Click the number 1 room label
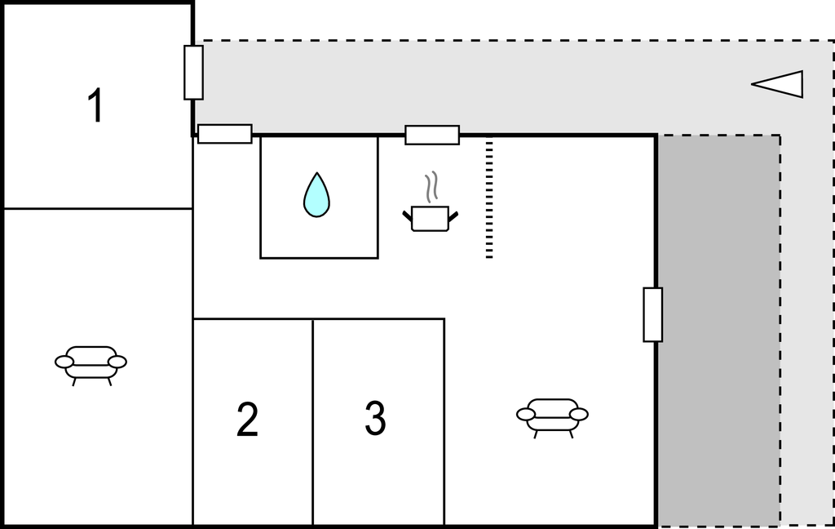tap(95, 106)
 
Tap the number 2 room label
tap(247, 420)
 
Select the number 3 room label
tap(375, 419)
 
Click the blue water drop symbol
tap(316, 195)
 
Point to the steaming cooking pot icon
tap(430, 217)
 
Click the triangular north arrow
tap(779, 83)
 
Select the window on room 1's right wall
tap(193, 73)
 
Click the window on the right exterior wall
tap(652, 314)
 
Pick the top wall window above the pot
tap(432, 135)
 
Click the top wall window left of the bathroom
tap(225, 134)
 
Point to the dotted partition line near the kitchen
tap(489, 200)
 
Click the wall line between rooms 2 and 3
tap(313, 420)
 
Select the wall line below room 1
tap(98, 209)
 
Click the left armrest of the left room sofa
tap(64, 362)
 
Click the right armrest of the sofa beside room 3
tap(578, 414)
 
